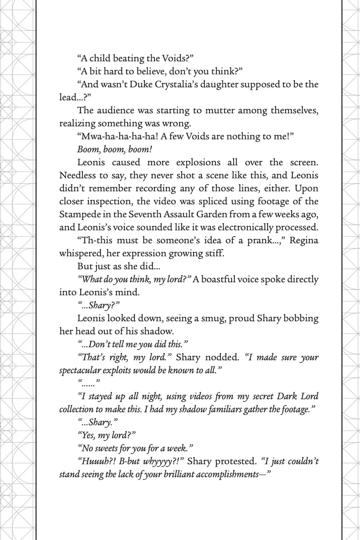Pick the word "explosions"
click(x=198, y=162)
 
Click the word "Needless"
click(x=78, y=175)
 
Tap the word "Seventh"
click(x=145, y=214)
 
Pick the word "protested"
click(x=236, y=461)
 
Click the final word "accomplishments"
click(x=224, y=474)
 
